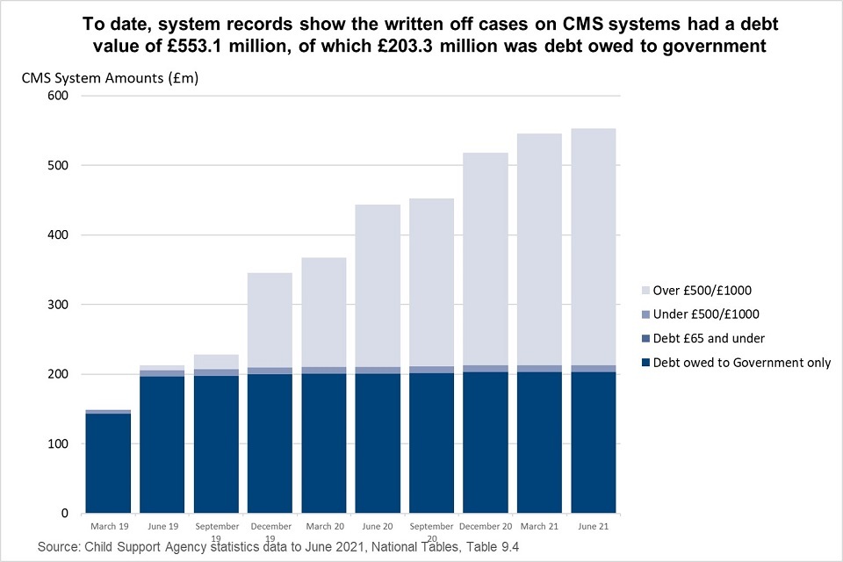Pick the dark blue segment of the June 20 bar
[x=378, y=443]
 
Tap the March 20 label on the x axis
[x=324, y=526]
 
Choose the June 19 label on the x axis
[x=162, y=526]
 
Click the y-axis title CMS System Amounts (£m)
[x=111, y=78]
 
